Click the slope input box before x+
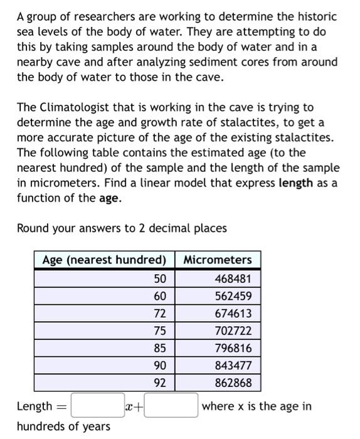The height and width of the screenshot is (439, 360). coord(97,406)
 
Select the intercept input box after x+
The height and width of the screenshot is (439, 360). coord(172,406)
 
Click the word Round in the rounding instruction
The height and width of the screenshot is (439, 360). coord(33,228)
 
